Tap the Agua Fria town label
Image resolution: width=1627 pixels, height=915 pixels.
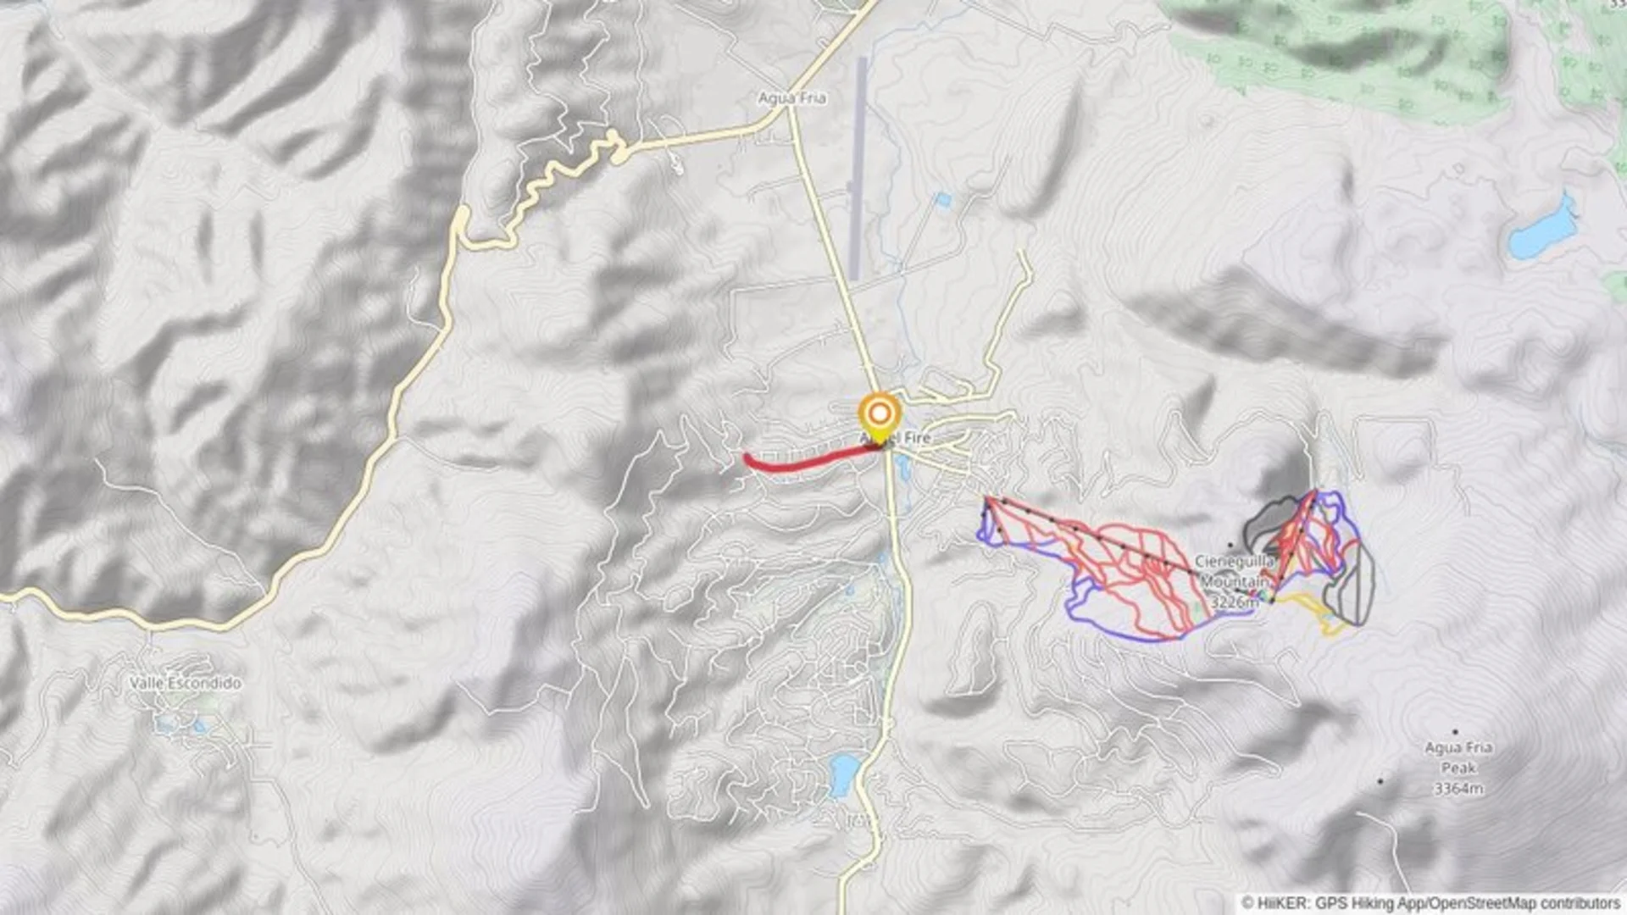[791, 98]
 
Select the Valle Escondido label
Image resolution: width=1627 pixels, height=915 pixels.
[185, 683]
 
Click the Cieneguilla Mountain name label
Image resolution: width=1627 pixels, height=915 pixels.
[1235, 572]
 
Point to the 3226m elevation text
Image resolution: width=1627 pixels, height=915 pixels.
[1234, 602]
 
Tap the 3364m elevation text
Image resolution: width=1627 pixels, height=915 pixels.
[1458, 789]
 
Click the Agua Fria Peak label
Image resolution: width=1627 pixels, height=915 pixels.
[1458, 757]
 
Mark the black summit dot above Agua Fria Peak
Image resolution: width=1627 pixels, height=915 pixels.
[1456, 731]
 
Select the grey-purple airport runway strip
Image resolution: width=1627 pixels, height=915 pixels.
[859, 169]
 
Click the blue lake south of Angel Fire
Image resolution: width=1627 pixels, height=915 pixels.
[844, 774]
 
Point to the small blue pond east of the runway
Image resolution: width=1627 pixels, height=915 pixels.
[943, 200]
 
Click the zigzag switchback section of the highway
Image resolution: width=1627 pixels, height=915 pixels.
[559, 178]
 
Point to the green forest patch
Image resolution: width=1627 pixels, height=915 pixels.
[1356, 51]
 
